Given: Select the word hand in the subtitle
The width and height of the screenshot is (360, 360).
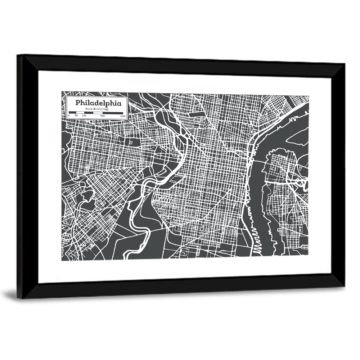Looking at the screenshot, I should [88, 109].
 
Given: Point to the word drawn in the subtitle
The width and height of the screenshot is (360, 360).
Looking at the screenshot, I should [96, 109].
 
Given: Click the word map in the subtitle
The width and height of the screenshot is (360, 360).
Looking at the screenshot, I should [105, 109].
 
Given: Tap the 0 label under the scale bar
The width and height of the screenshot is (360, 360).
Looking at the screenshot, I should [69, 116].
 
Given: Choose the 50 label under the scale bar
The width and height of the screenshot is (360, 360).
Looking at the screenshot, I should [76, 116].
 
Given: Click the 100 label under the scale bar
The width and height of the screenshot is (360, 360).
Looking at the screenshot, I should [84, 116].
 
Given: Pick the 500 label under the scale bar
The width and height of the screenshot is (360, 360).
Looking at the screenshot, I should [102, 116].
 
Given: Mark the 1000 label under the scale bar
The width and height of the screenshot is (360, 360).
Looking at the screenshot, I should [122, 116].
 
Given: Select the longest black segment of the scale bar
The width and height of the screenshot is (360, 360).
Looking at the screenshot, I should [113, 113].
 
